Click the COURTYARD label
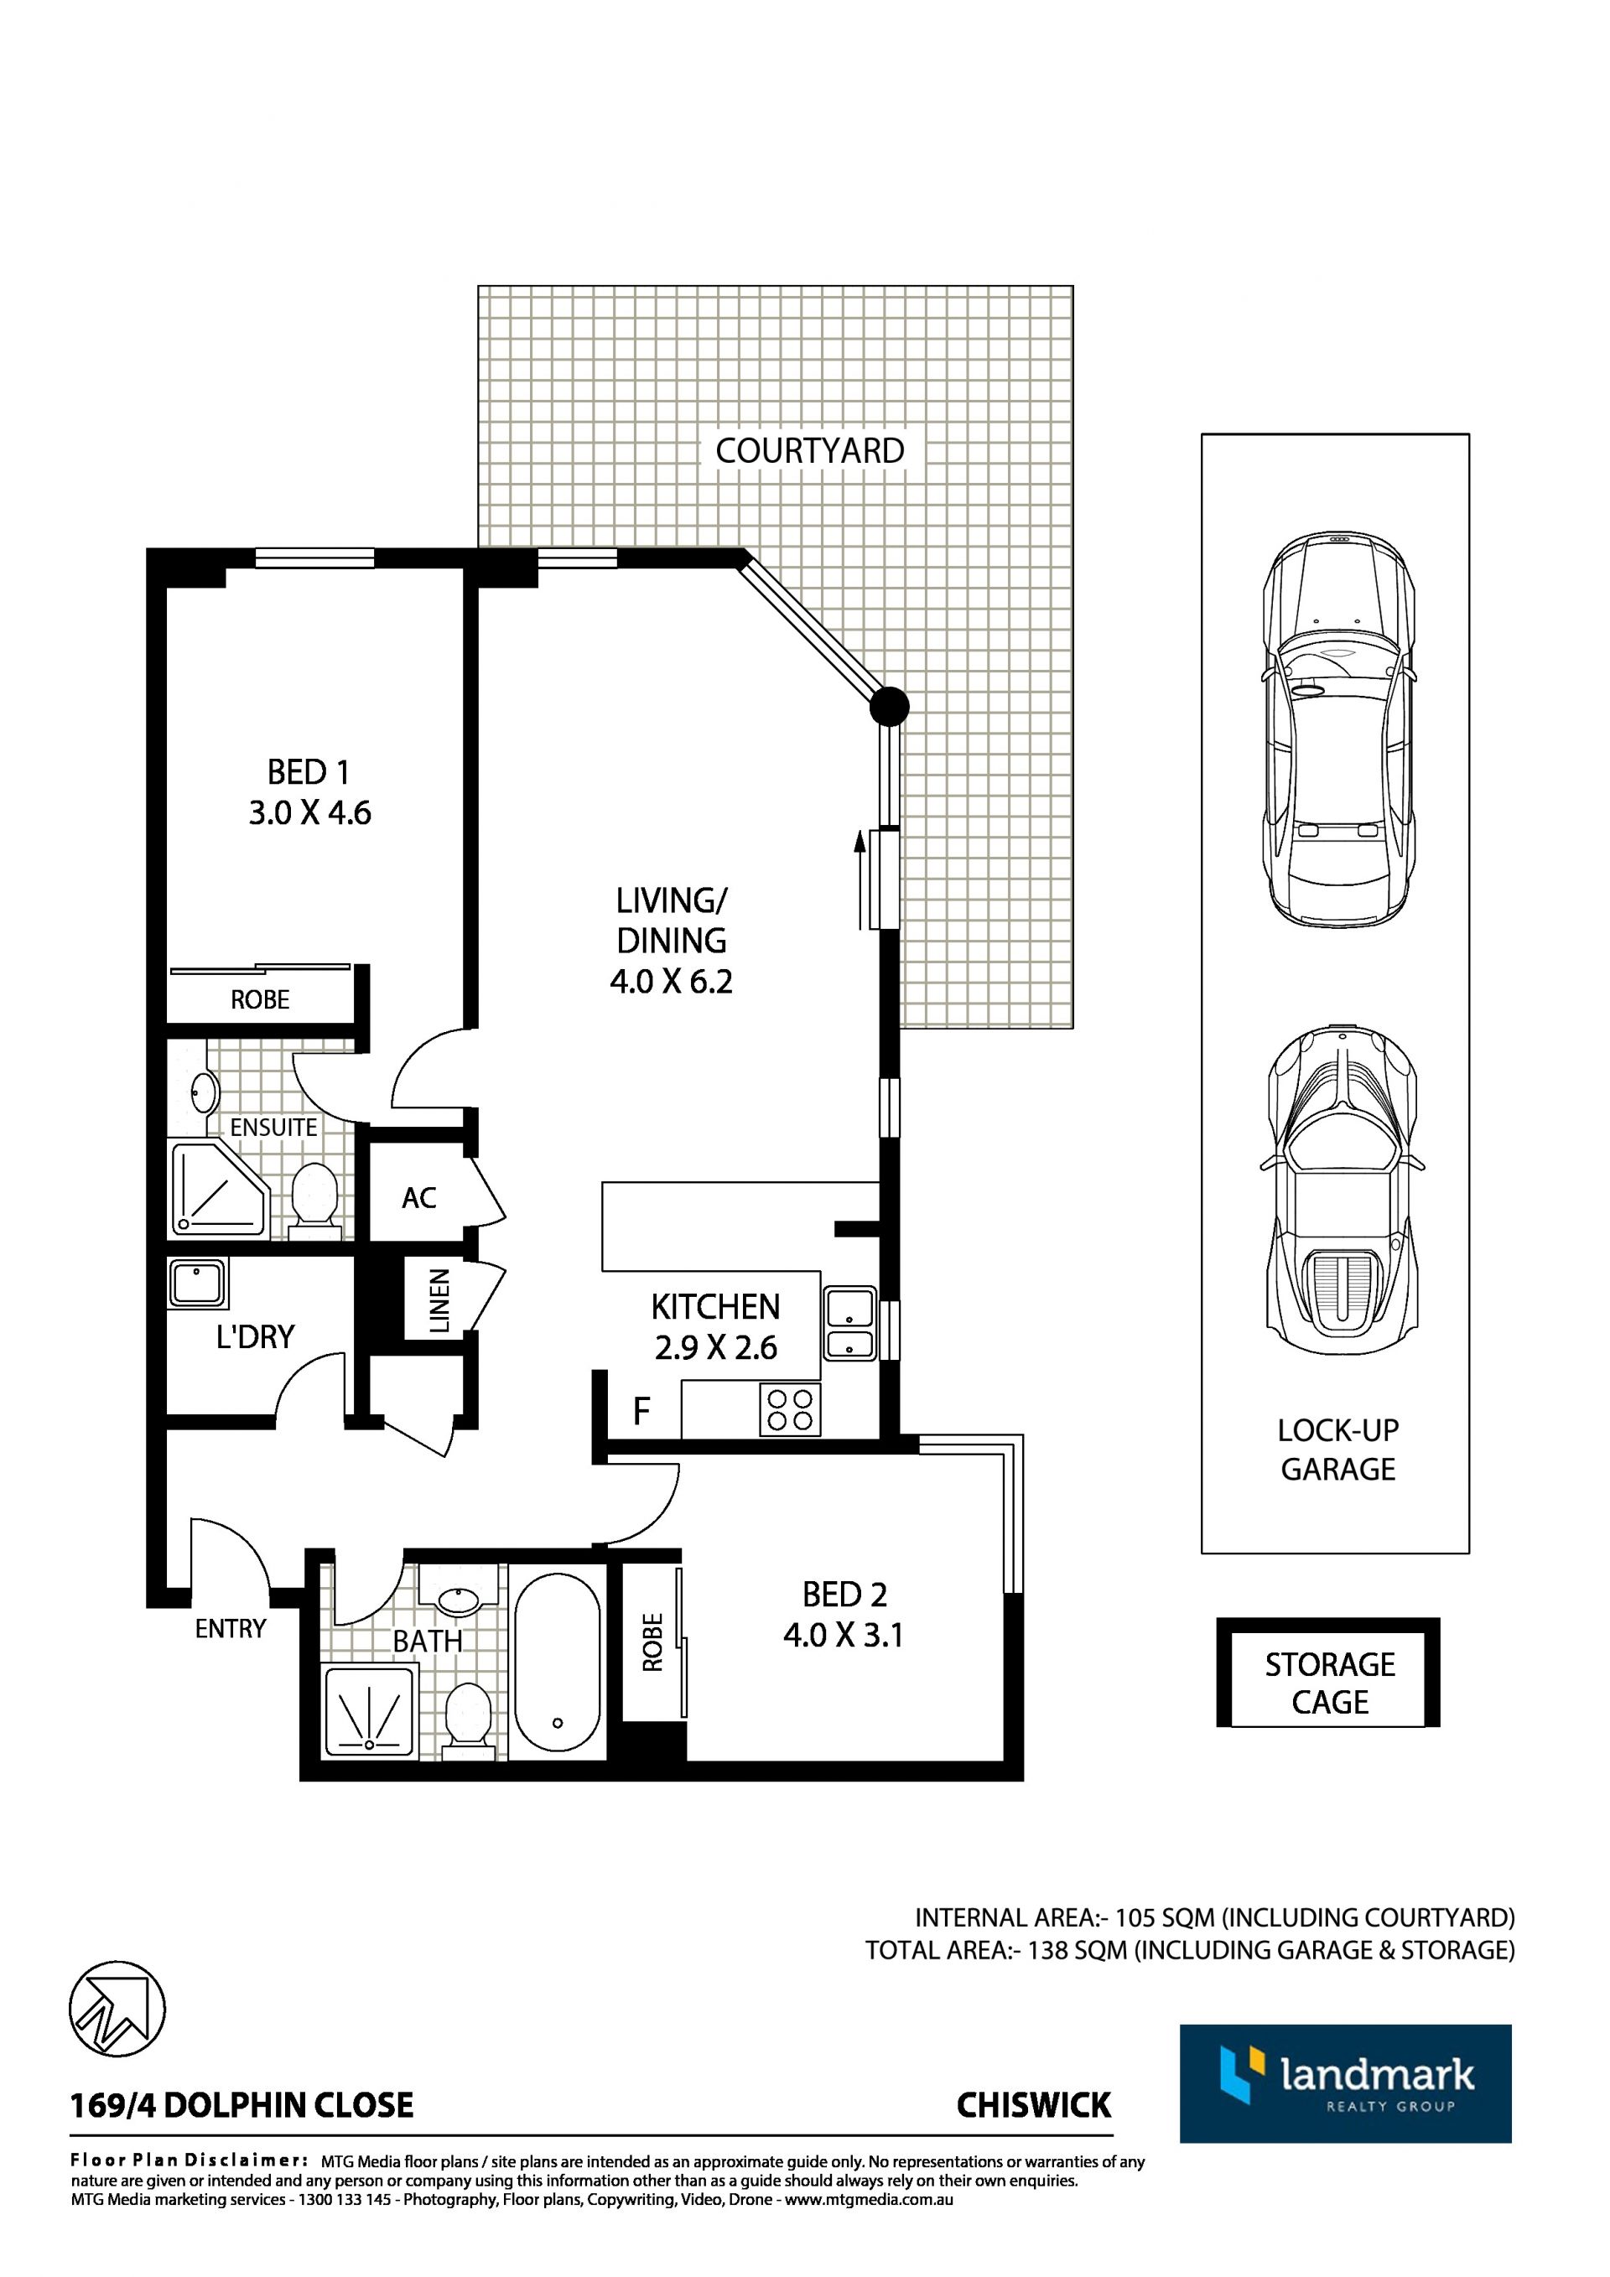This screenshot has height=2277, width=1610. click(x=809, y=451)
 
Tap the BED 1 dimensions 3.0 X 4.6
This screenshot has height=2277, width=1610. click(x=309, y=813)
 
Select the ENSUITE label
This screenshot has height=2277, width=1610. click(x=274, y=1128)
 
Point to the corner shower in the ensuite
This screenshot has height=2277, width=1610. click(x=217, y=1189)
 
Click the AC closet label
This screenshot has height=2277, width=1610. click(x=418, y=1198)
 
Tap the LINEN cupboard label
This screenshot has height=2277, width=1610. click(x=439, y=1300)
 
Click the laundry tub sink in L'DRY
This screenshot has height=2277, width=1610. click(x=197, y=1284)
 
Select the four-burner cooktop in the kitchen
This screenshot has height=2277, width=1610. click(x=791, y=1410)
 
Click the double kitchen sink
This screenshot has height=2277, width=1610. click(x=849, y=1324)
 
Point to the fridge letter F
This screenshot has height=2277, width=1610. click(x=641, y=1410)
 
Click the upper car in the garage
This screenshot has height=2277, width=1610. click(x=1338, y=730)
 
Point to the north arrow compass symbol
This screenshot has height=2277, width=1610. click(x=117, y=2010)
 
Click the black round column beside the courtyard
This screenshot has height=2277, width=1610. click(x=889, y=706)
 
